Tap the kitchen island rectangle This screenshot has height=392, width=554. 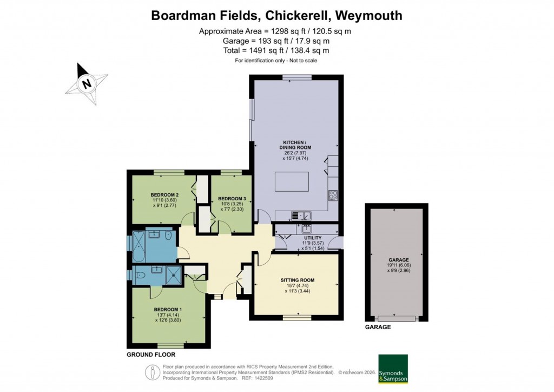[292, 181]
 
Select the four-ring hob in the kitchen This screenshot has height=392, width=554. [333, 195]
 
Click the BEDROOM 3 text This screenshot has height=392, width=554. [232, 199]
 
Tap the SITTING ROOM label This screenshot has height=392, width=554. [297, 280]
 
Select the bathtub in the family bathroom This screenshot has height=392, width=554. [138, 247]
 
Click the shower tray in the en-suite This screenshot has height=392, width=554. [174, 275]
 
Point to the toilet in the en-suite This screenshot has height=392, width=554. [139, 275]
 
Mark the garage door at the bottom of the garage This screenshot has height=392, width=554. [397, 318]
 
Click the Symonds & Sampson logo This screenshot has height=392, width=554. [393, 369]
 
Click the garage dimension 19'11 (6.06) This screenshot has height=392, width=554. [398, 265]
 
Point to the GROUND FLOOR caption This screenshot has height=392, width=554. [151, 355]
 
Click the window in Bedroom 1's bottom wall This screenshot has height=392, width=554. [172, 345]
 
